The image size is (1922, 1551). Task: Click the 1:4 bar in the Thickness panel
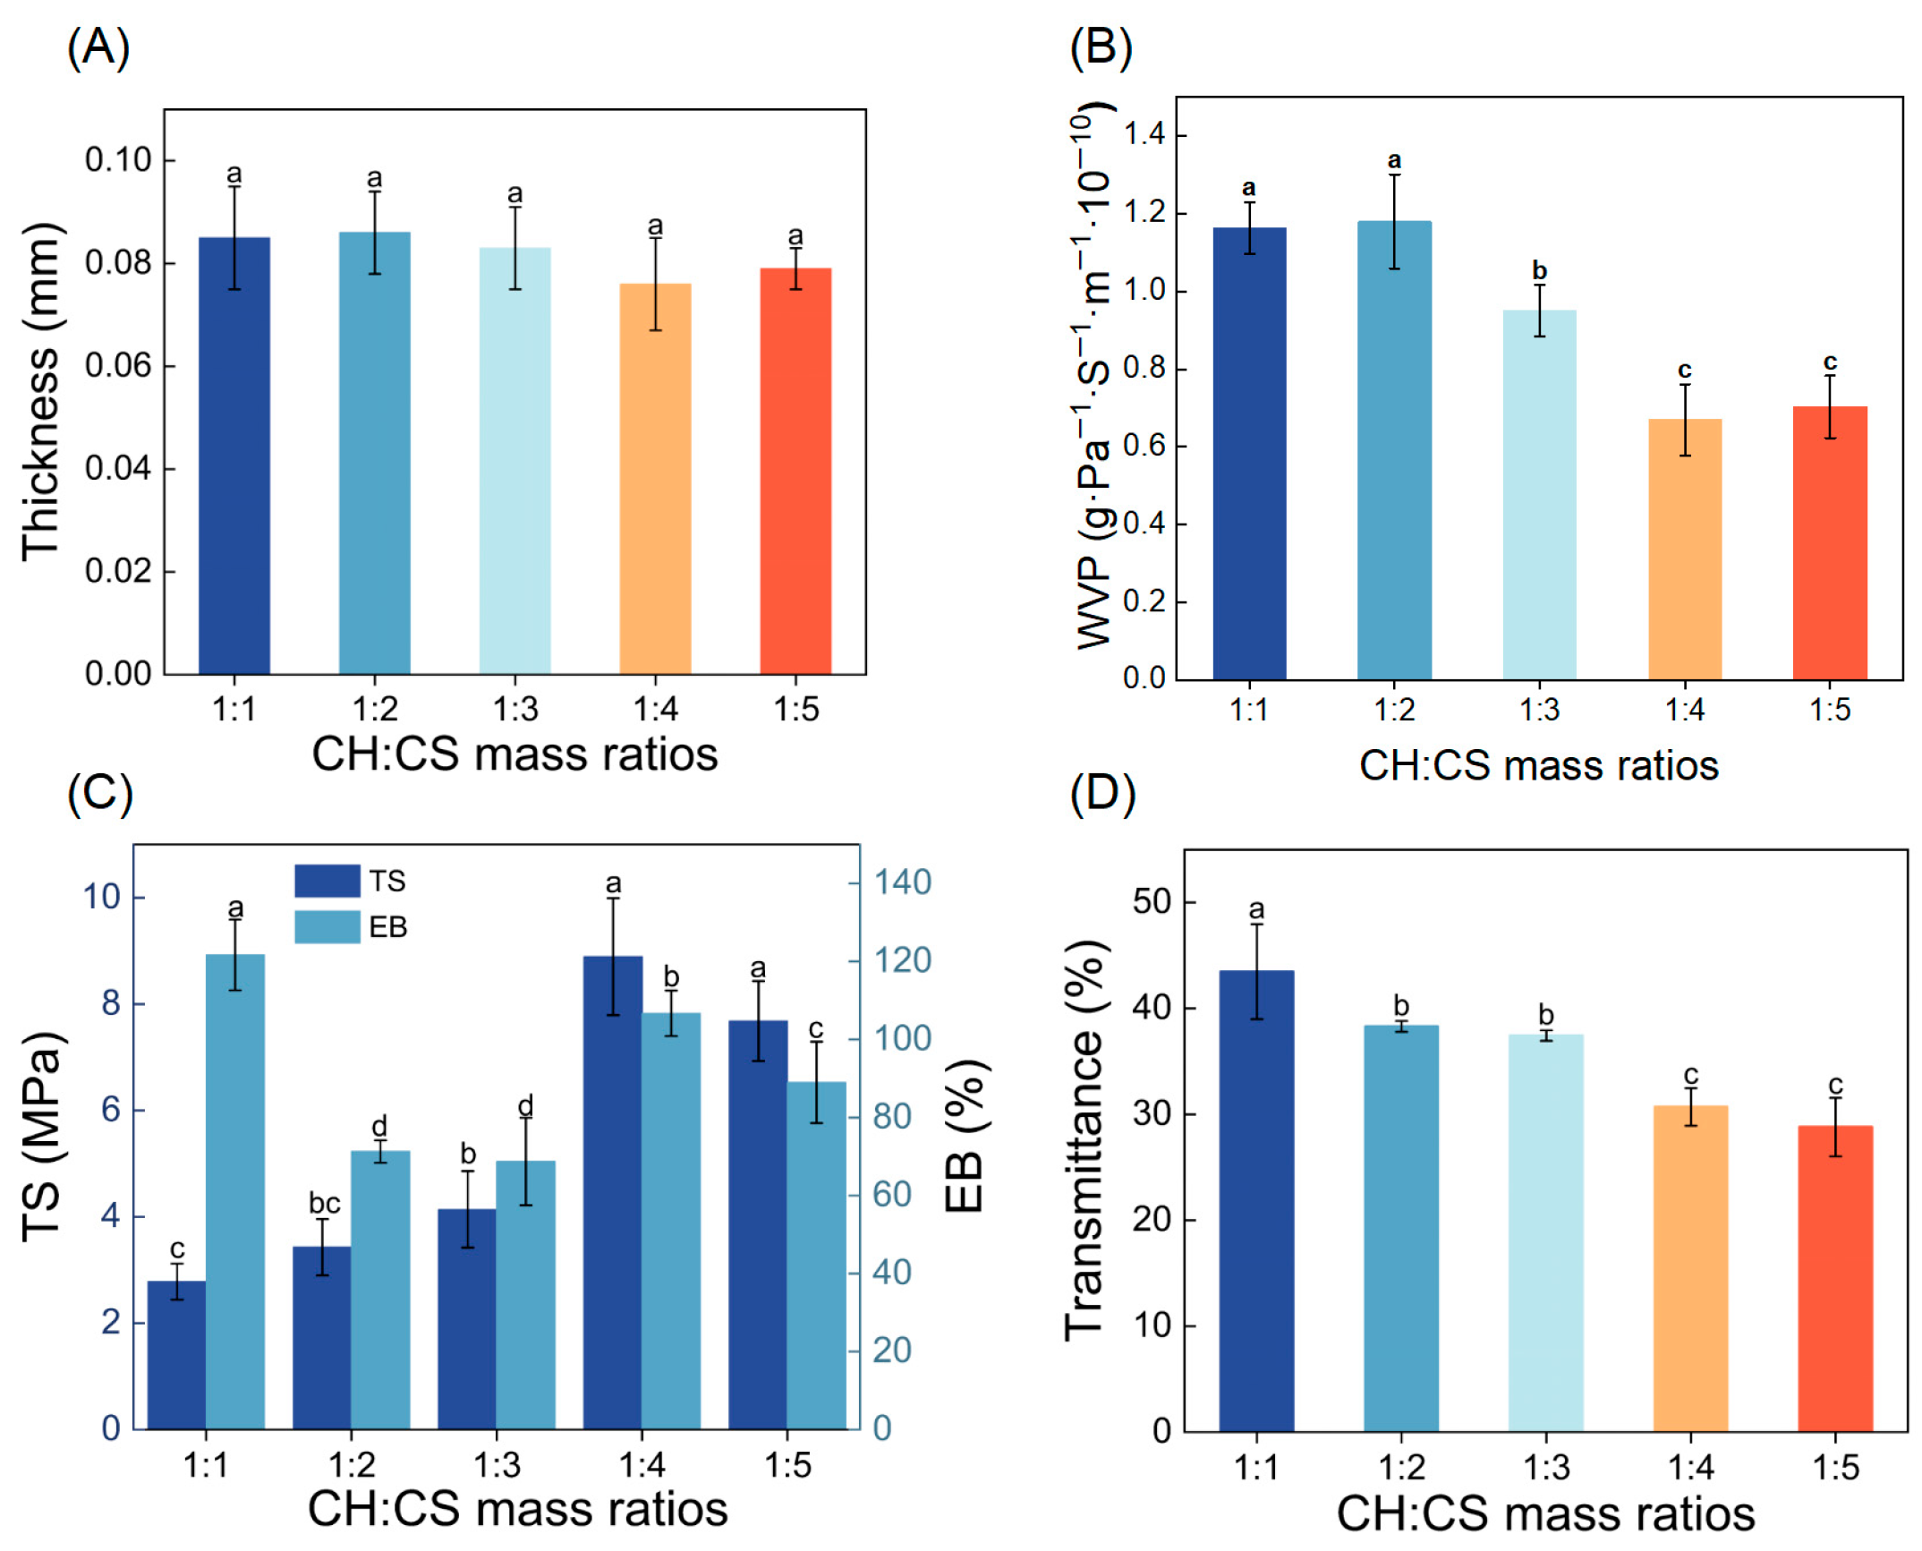pos(655,479)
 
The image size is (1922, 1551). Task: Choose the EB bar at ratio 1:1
pos(235,1190)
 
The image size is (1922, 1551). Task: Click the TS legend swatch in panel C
pos(327,881)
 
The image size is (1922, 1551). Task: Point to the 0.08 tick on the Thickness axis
pos(118,263)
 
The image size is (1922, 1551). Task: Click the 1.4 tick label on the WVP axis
pos(1144,135)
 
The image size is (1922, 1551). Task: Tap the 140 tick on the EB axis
pos(902,882)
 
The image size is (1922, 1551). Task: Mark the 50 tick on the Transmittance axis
pos(1152,902)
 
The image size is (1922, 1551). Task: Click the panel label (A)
pos(98,47)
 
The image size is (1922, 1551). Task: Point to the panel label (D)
pos(1101,794)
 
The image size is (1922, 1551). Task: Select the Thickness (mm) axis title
pos(41,392)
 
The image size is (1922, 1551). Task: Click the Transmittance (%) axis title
pos(1084,1140)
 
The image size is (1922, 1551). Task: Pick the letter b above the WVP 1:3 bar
pos(1539,270)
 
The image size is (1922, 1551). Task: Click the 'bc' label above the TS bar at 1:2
pos(324,1203)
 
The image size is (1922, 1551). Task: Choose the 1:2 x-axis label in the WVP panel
pos(1393,711)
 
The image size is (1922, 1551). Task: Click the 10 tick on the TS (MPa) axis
pos(102,897)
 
